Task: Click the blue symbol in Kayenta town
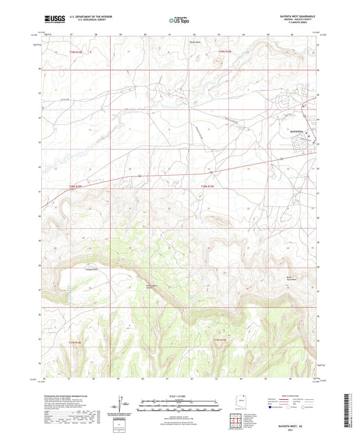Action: click(x=309, y=138)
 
